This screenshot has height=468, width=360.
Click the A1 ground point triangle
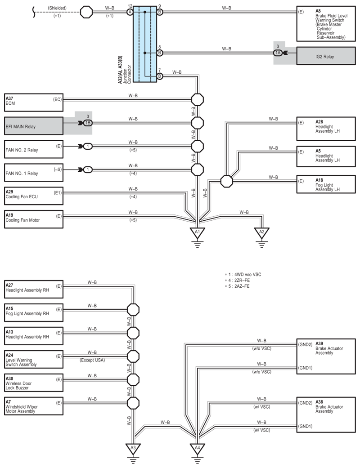pyautogui.click(x=197, y=232)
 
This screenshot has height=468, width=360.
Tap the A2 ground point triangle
pyautogui.click(x=261, y=232)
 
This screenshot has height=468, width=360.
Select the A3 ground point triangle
pyautogui.click(x=133, y=448)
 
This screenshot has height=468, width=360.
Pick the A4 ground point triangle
pyautogui.click(x=197, y=448)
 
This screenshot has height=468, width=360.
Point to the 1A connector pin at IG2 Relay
pyautogui.click(x=278, y=53)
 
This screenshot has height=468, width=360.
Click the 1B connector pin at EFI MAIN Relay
pyautogui.click(x=87, y=122)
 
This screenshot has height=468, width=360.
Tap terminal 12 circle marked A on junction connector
pyautogui.click(x=130, y=12)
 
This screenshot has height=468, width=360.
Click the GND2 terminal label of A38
pyautogui.click(x=304, y=403)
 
